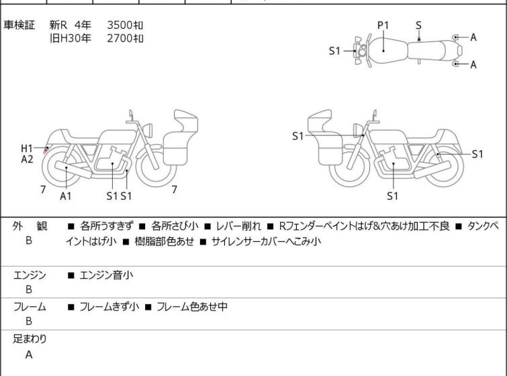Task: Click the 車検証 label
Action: [19, 25]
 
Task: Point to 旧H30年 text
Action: [70, 38]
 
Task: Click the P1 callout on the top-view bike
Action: [383, 25]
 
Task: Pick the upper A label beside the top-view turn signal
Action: [473, 38]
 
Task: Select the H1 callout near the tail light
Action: [27, 148]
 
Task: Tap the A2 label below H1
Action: [27, 159]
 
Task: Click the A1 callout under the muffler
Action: [66, 196]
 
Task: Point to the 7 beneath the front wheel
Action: [175, 190]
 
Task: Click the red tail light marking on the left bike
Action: [46, 149]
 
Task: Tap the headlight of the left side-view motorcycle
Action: [148, 130]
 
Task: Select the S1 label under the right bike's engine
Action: [393, 196]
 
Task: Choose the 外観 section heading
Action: [30, 226]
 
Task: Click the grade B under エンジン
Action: [29, 290]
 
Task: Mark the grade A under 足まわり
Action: [29, 355]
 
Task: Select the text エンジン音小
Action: [106, 275]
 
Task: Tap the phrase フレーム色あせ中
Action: [192, 306]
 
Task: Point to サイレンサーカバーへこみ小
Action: [267, 241]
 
